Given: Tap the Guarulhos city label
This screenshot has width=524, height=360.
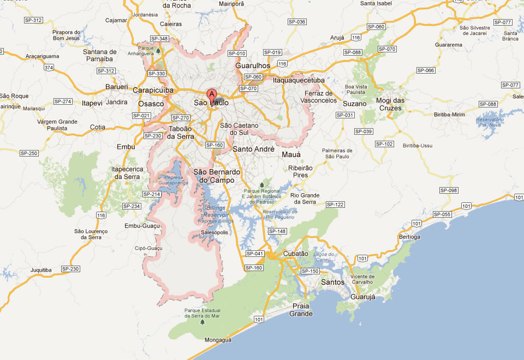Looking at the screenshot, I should pos(253,65).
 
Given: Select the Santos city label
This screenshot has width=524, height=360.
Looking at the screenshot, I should pos(333,282).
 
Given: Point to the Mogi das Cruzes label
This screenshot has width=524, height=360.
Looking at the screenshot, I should pos(391,104).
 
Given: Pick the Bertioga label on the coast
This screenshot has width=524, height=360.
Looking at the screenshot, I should pos(410,237).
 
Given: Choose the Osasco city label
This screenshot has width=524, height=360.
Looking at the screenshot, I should pos(151,104).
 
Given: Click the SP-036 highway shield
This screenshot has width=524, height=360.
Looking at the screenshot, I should pos(297,22).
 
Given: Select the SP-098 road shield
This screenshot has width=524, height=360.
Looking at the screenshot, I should pos(449,190).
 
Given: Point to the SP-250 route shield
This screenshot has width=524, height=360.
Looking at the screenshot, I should pos(29,153).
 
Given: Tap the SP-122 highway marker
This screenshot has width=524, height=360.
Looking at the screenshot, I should pos(336,205).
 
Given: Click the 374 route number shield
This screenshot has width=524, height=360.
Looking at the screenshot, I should pos(49,68).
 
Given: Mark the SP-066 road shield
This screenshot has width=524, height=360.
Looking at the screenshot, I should pos(425,70).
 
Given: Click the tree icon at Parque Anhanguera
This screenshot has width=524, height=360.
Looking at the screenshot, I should pos(158,51).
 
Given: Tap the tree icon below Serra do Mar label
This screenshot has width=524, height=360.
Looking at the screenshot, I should pos(203,322).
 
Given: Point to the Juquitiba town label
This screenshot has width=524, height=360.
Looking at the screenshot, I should pos(41,270).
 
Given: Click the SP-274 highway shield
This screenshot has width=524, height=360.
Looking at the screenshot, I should pos(63,101).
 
